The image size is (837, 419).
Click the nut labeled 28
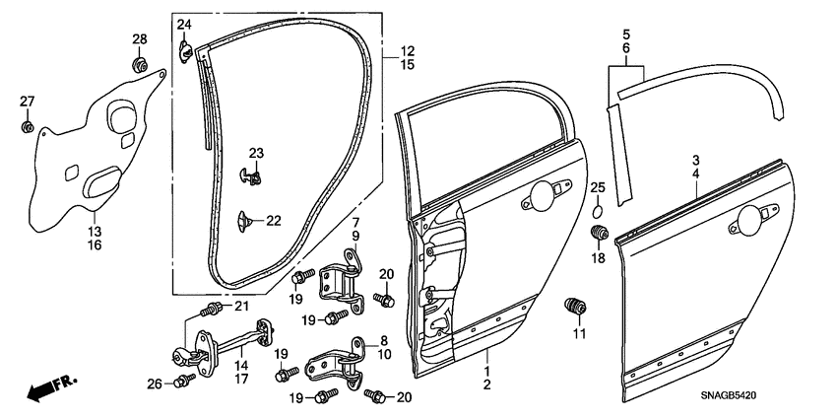click(x=140, y=67)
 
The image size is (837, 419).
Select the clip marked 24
click(x=185, y=46)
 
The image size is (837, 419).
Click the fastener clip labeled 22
click(x=246, y=218)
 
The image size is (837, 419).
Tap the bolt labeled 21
click(x=209, y=310)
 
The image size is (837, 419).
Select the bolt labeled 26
click(x=183, y=381)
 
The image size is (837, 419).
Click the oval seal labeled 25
click(x=597, y=211)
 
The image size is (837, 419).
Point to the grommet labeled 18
click(x=596, y=234)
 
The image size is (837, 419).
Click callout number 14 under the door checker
click(x=240, y=365)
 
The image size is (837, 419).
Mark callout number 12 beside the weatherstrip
click(x=407, y=50)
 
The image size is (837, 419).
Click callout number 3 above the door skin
click(x=694, y=160)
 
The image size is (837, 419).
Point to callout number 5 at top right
click(x=625, y=34)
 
